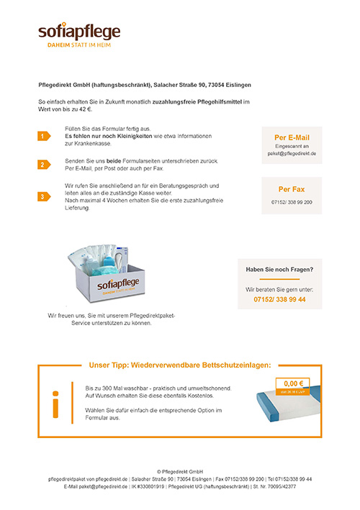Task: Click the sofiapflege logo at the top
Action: coord(79,31)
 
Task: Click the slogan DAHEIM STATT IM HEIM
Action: coord(79,45)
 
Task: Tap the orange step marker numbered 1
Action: coord(43,136)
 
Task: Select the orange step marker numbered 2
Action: coord(43,165)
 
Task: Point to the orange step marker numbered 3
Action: coord(43,196)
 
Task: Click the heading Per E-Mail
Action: coord(292,137)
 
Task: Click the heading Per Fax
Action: coord(292,189)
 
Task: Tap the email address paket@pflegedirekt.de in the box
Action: coord(292,154)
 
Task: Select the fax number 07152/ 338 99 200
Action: coord(292,203)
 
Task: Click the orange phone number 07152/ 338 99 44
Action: coord(280,299)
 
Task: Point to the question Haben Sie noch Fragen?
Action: coord(280,269)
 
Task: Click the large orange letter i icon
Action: coord(55,404)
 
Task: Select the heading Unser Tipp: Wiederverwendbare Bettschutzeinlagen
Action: coord(180,365)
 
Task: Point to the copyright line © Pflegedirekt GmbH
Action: coord(180,471)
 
